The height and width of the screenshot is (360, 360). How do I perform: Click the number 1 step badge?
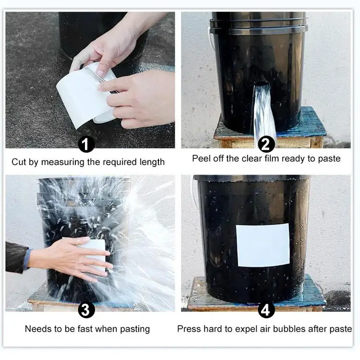point(86,144)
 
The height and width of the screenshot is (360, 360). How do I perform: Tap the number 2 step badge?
point(266,144)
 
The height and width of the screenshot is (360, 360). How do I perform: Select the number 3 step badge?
point(86,310)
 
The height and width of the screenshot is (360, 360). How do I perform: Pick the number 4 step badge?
point(266,310)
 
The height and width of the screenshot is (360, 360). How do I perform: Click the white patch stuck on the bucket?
point(263,245)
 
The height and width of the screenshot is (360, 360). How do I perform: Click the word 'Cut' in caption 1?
point(19,162)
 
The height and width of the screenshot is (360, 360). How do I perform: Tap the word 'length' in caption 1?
point(152,162)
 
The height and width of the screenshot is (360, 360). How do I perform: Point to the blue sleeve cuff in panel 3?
point(27,259)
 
